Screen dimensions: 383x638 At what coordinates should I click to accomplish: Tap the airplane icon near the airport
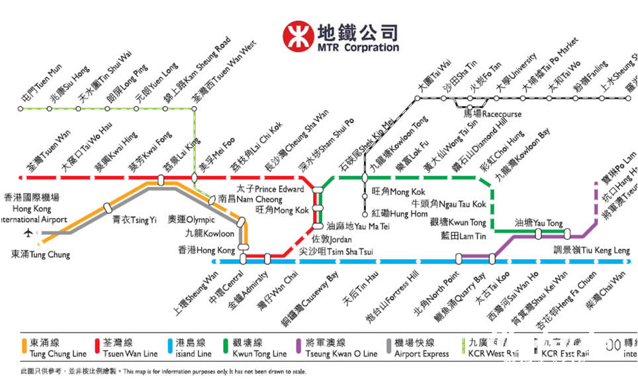point(28,232)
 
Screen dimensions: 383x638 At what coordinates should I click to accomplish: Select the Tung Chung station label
point(40,254)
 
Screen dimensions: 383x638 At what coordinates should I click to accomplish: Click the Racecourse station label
point(492,114)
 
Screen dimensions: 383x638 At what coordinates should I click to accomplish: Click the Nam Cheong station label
point(250,198)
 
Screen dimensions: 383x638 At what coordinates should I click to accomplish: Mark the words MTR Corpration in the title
point(358,48)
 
